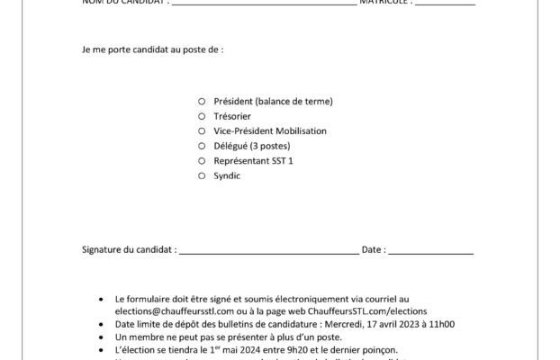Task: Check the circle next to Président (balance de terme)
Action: pyautogui.click(x=203, y=103)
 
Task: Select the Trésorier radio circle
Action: pyautogui.click(x=203, y=117)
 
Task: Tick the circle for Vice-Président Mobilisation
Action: pyautogui.click(x=203, y=131)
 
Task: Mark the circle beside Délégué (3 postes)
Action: pyautogui.click(x=203, y=146)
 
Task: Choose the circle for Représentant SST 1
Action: pyautogui.click(x=203, y=160)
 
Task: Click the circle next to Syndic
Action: pyautogui.click(x=203, y=175)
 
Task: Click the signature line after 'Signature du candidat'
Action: pyautogui.click(x=267, y=253)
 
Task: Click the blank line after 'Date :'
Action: pyautogui.click(x=429, y=253)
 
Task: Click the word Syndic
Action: pyautogui.click(x=227, y=175)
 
